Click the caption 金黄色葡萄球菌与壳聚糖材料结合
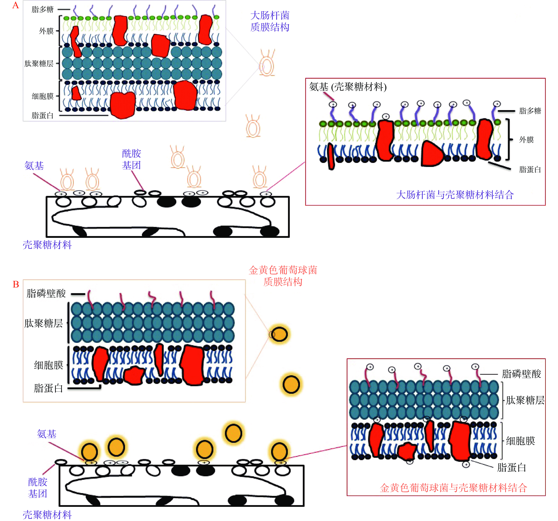point(453,488)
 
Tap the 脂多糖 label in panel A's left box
point(42,10)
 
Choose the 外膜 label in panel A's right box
point(526,140)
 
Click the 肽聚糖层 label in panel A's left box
point(39,63)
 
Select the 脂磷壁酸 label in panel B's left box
point(46,293)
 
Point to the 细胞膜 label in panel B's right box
point(520,441)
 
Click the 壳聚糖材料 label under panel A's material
point(47,245)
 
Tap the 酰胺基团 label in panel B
point(38,488)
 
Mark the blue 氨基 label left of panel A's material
point(34,166)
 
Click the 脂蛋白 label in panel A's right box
point(530,169)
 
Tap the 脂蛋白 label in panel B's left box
point(48,388)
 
